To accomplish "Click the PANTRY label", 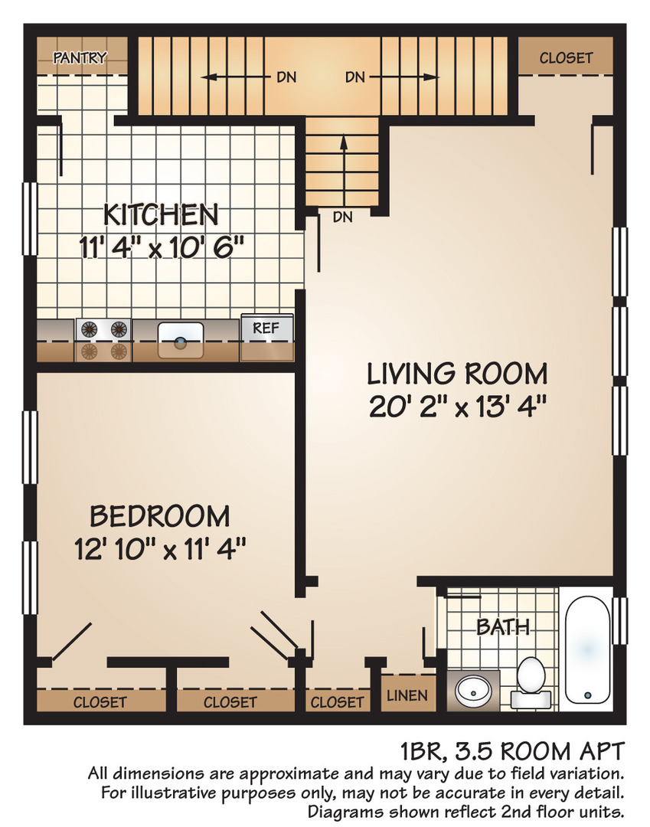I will [x=80, y=57].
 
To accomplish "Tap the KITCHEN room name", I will [x=162, y=215].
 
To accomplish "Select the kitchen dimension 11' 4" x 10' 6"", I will [x=162, y=247].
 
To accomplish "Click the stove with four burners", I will [x=103, y=340].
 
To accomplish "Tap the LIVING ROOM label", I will [x=457, y=374].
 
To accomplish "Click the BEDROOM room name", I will [x=159, y=516].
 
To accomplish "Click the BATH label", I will [x=503, y=627].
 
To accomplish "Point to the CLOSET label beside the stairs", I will [x=566, y=57].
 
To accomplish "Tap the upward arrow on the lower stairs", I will [x=343, y=165].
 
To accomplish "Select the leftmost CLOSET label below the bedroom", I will [x=100, y=701].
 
